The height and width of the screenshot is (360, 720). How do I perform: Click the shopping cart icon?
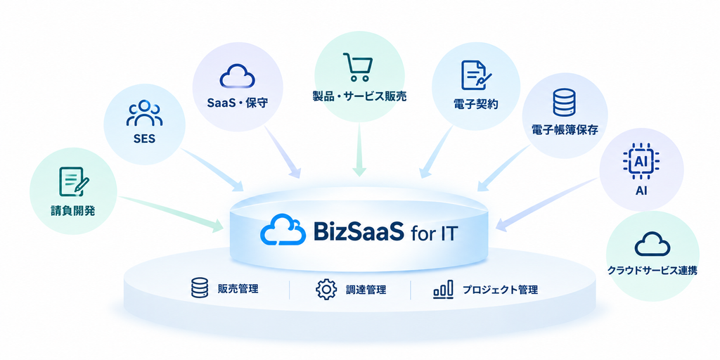tap(358, 67)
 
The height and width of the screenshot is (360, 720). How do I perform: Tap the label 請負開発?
tap(72, 211)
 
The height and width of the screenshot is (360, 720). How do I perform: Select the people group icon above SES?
tap(144, 113)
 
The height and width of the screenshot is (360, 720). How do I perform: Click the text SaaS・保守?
tap(238, 103)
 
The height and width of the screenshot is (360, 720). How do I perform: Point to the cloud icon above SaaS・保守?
tap(238, 76)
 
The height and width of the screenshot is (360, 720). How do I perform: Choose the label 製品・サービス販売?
tap(358, 97)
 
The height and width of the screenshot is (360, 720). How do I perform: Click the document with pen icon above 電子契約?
tap(476, 75)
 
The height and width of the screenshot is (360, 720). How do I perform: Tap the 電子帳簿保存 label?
tap(565, 130)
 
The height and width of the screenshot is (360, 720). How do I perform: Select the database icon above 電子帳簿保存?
tap(565, 102)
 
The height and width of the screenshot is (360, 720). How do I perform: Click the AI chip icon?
tap(641, 162)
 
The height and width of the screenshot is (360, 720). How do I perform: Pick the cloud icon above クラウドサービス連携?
tap(652, 243)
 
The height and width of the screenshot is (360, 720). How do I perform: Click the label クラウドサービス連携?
tap(652, 271)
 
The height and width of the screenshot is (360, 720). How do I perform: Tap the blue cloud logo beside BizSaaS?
tap(283, 229)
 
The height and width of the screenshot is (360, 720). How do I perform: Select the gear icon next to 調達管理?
tap(326, 290)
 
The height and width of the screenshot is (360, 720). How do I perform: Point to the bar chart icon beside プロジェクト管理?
tap(443, 290)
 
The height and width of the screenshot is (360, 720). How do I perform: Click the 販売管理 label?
tap(238, 289)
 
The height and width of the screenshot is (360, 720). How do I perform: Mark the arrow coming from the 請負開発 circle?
tap(170, 212)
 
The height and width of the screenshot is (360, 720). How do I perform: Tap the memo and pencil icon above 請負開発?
tap(73, 182)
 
